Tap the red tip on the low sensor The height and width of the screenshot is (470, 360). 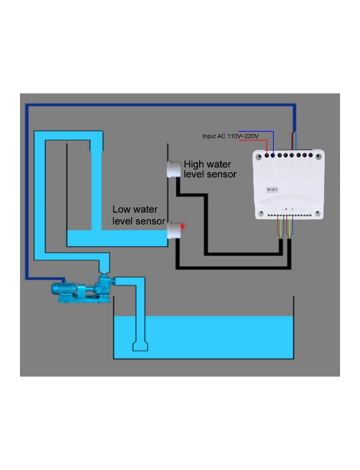tap(183, 227)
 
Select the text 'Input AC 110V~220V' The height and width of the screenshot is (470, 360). tap(230, 136)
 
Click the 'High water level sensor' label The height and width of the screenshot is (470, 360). tap(210, 169)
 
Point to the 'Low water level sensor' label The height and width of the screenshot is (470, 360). tap(138, 215)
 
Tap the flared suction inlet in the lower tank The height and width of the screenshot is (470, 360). tap(140, 345)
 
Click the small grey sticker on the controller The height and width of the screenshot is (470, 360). tap(272, 189)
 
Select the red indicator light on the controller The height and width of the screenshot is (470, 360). tap(286, 209)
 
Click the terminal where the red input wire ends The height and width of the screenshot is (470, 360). tap(268, 156)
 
